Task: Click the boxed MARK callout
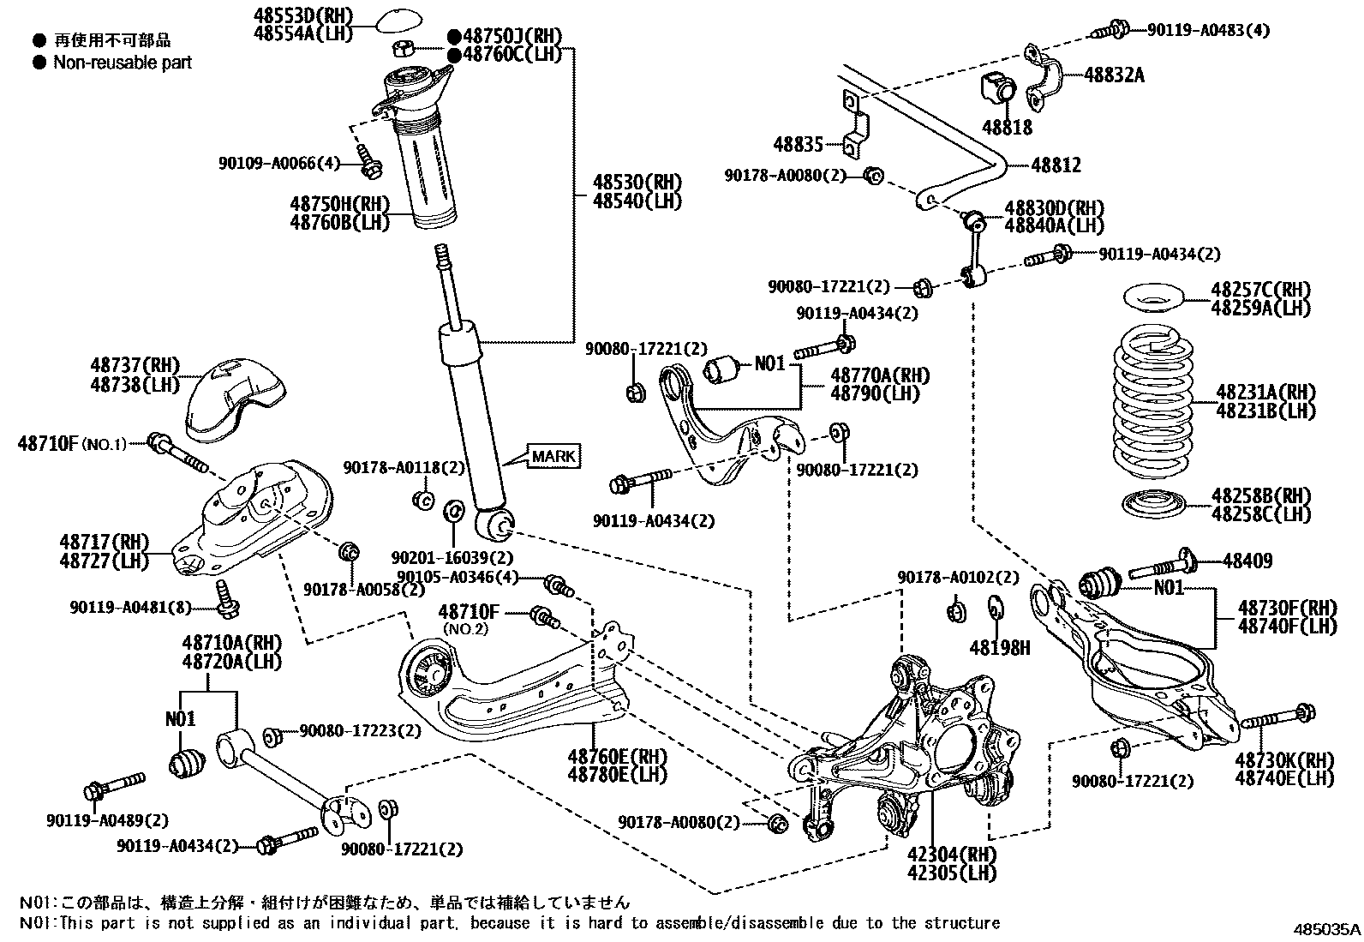point(553,456)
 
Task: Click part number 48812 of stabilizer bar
point(1056,165)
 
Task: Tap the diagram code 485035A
point(1327,929)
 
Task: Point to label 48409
point(1247,561)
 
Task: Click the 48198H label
point(1000,648)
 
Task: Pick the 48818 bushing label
point(1007,128)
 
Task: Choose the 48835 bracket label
point(798,146)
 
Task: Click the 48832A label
point(1114,75)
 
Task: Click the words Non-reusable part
point(123,62)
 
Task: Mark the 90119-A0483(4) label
point(1208,31)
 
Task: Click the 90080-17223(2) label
point(360,731)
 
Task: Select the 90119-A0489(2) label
point(107,819)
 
